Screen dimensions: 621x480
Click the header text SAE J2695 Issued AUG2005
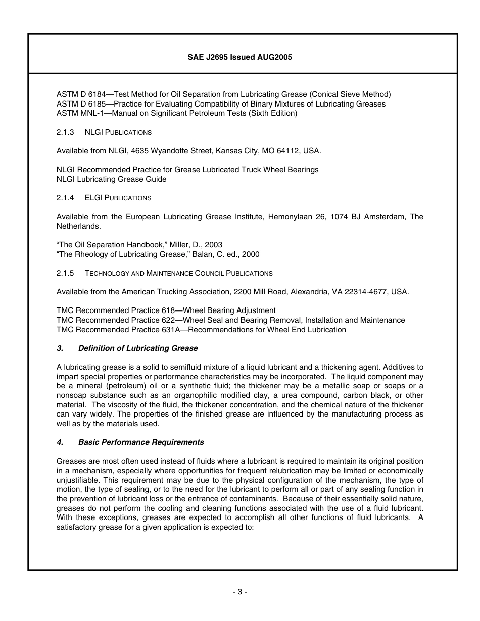point(239,57)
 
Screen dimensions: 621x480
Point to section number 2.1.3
point(65,132)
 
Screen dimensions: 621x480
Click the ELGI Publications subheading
point(118,198)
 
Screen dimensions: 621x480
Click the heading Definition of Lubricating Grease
point(138,348)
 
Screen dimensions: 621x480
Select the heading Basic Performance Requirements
point(141,442)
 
